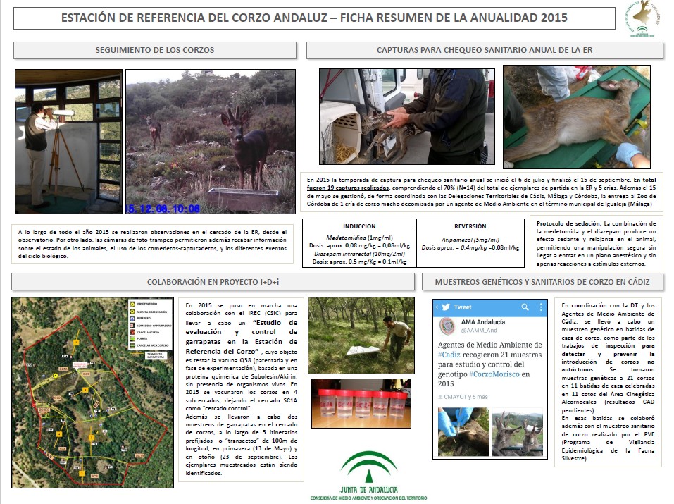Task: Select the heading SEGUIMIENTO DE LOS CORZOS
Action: pos(155,50)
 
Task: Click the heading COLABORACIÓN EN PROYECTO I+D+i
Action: pos(213,281)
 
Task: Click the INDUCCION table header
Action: pos(358,226)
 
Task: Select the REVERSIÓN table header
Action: pos(470,226)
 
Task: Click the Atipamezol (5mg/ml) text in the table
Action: pos(470,240)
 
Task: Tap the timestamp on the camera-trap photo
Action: pos(163,208)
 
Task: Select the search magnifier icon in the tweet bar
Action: pos(523,307)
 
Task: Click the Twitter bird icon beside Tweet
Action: pos(445,307)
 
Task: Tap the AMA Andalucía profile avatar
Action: pos(448,327)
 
